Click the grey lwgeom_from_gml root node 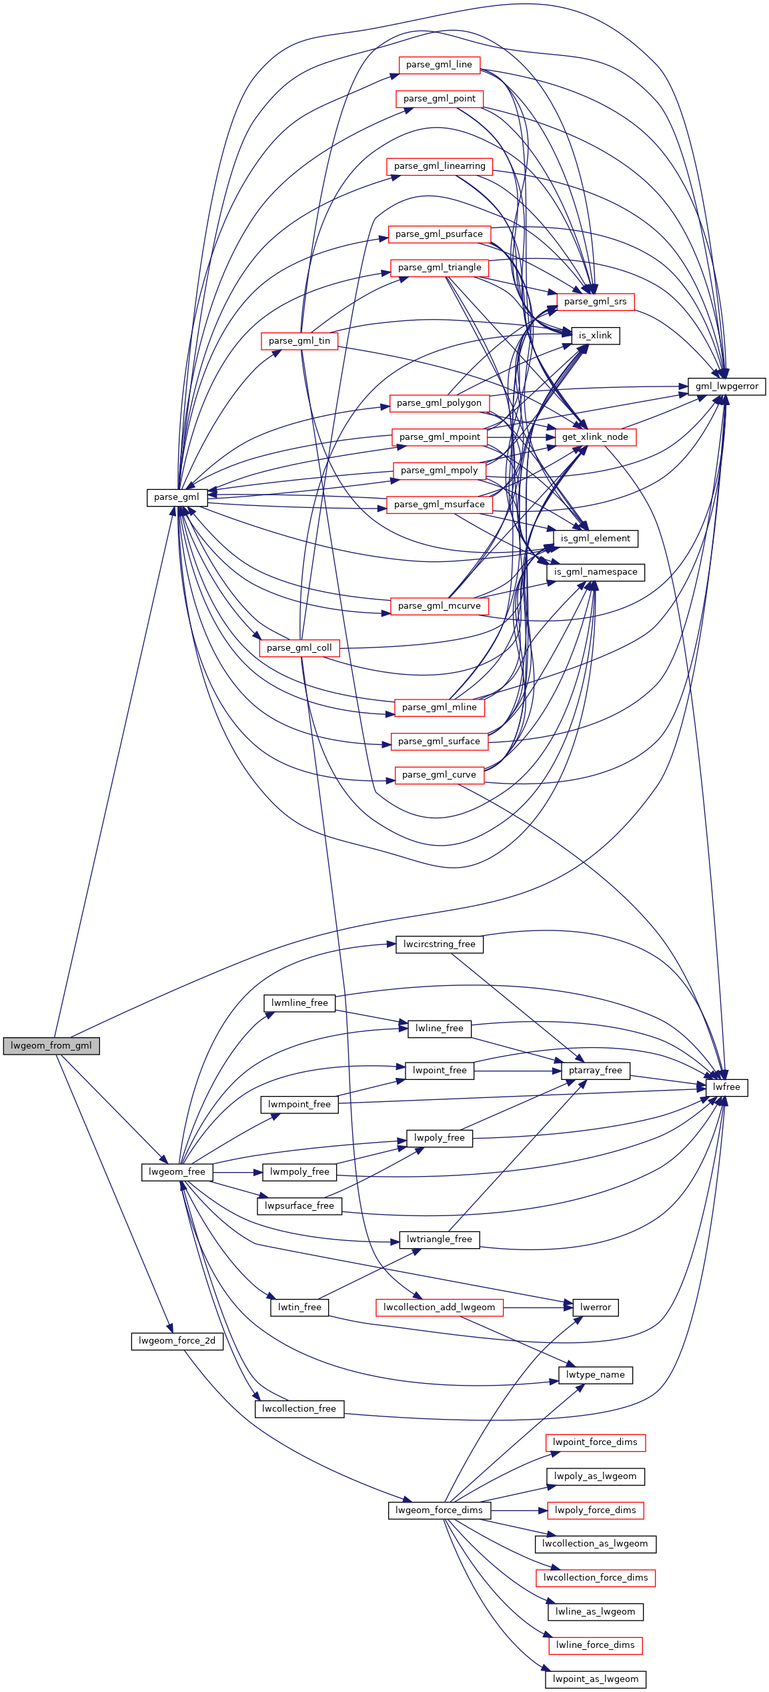[x=51, y=1046]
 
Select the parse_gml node [x=177, y=497]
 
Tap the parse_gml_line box [x=439, y=65]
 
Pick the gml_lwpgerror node [x=726, y=386]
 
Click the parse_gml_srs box [x=595, y=302]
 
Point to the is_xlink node [x=595, y=336]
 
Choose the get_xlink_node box [x=595, y=437]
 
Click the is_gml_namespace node [x=595, y=572]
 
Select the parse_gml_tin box [x=299, y=341]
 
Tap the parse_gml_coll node [x=299, y=648]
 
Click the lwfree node [x=726, y=1087]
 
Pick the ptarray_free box [x=595, y=1071]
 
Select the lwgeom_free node [x=177, y=1172]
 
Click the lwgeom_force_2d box [x=177, y=1341]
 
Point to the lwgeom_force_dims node [x=439, y=1510]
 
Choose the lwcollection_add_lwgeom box [x=439, y=1308]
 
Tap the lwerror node [x=595, y=1308]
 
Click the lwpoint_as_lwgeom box [x=595, y=1679]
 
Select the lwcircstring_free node [x=439, y=944]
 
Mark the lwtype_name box [x=595, y=1375]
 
